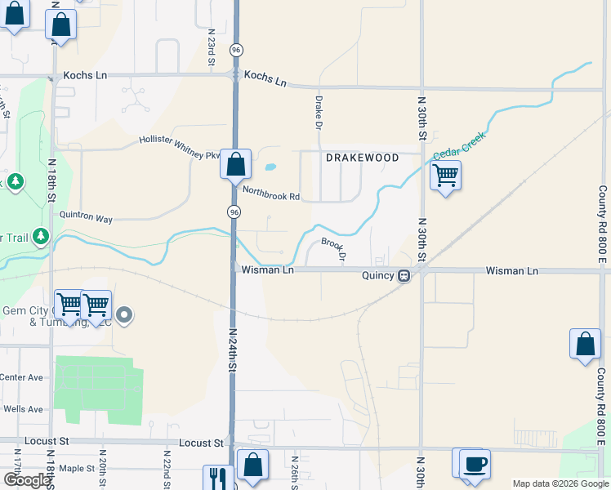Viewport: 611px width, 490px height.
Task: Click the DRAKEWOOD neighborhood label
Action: tap(363, 158)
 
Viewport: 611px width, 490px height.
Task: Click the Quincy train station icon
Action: tap(404, 275)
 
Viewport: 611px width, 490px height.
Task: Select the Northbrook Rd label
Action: tap(271, 196)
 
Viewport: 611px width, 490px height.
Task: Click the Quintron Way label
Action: tap(86, 219)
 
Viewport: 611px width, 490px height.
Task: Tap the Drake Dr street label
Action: tap(319, 112)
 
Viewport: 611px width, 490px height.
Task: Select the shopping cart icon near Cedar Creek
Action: tap(445, 175)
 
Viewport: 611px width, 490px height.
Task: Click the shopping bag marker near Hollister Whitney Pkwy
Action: tap(235, 164)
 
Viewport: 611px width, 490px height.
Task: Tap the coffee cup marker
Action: tap(475, 464)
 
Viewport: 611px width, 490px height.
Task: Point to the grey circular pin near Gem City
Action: tap(124, 314)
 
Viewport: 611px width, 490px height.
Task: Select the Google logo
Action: tap(27, 480)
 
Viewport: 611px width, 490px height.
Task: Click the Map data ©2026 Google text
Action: tap(560, 483)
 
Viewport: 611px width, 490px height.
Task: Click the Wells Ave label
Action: tap(23, 409)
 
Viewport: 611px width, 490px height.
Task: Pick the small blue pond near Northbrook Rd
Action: tap(270, 168)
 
